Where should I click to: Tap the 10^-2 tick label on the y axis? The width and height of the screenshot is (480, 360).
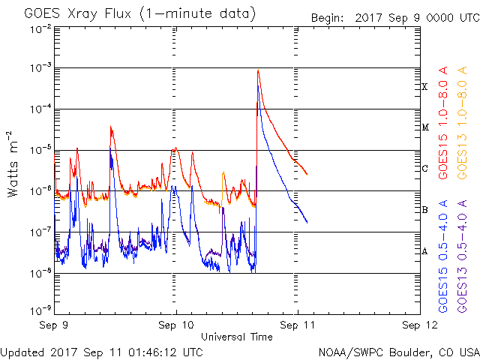(x=40, y=28)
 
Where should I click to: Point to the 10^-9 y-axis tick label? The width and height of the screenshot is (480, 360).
(x=40, y=309)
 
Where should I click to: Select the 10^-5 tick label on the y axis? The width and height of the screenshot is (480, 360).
(x=40, y=149)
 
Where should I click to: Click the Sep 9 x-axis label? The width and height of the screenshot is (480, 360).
(x=54, y=325)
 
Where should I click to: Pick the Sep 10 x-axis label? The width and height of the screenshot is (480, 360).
(x=177, y=325)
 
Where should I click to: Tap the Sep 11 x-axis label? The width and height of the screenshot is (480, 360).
(x=298, y=325)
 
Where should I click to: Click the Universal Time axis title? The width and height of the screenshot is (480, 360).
(x=237, y=337)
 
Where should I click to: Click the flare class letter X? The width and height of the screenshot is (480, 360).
(x=424, y=87)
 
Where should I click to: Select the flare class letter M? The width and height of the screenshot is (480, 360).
(x=424, y=127)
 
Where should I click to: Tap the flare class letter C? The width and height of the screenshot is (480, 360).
(x=424, y=169)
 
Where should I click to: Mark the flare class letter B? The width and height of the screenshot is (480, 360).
(x=424, y=210)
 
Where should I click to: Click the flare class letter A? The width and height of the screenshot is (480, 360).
(x=424, y=251)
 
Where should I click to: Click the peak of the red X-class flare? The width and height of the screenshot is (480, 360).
(x=258, y=70)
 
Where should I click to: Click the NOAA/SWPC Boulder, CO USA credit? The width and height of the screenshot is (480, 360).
(x=397, y=351)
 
